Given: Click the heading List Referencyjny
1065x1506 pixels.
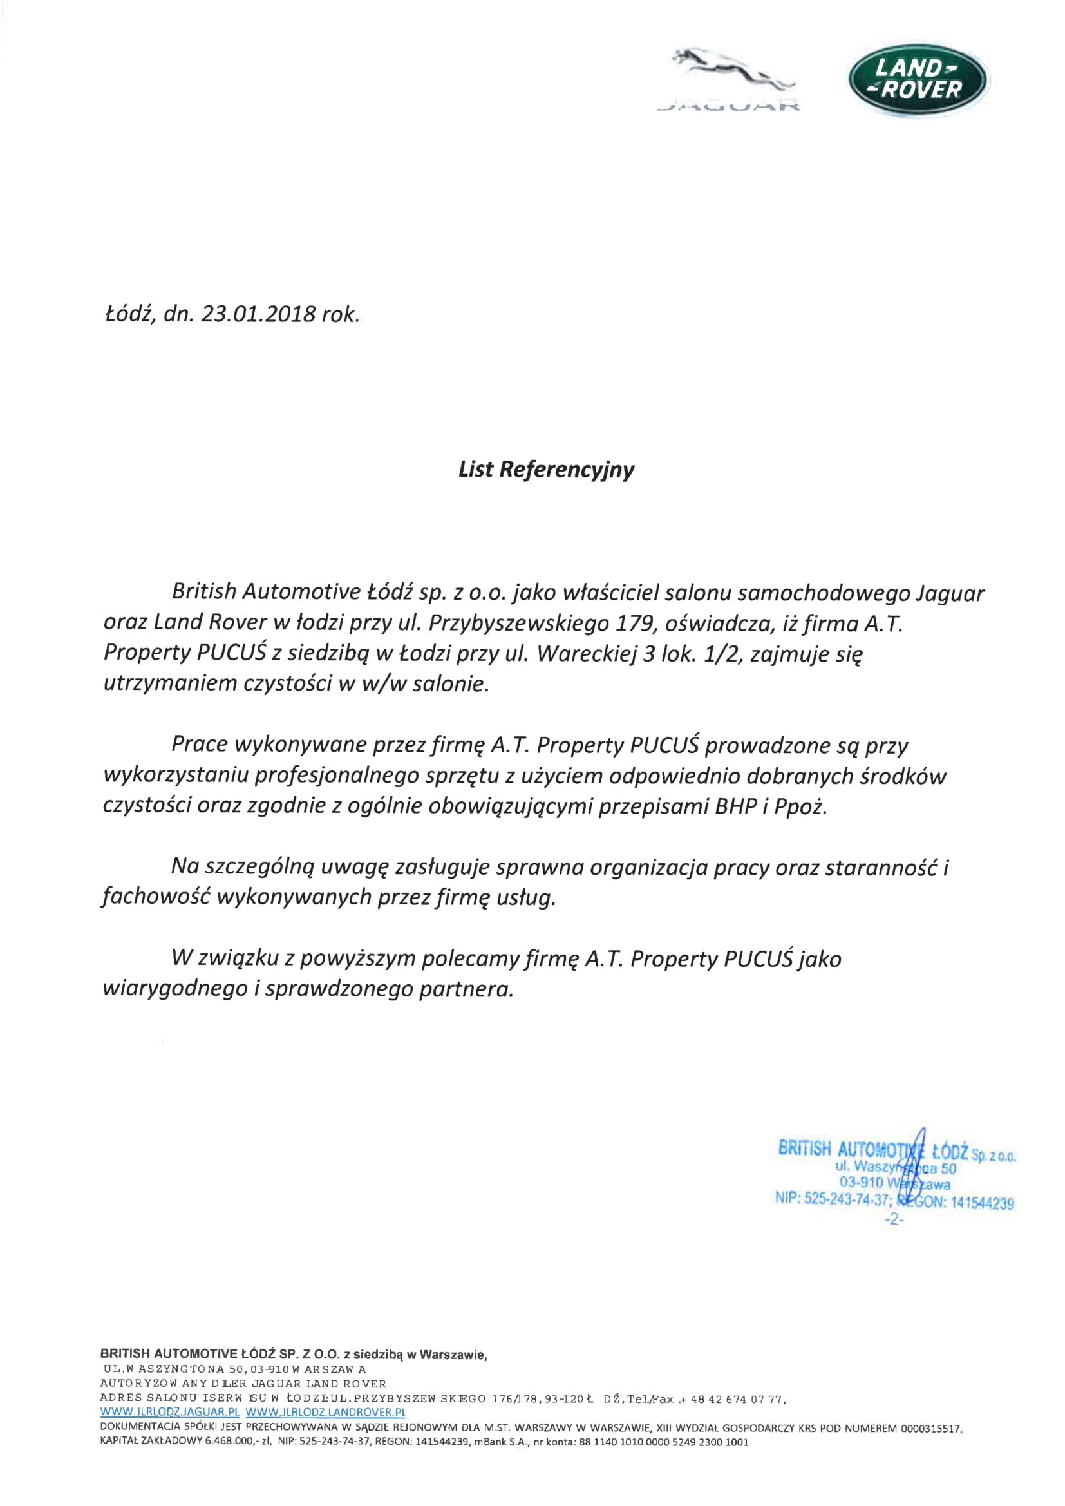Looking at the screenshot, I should (x=545, y=470).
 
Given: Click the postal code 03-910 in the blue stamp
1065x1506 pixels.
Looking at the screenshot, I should (x=861, y=1182).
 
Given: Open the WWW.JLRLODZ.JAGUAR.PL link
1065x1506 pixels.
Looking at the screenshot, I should (x=169, y=1412).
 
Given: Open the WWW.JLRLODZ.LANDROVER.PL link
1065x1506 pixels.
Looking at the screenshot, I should (x=325, y=1412).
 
